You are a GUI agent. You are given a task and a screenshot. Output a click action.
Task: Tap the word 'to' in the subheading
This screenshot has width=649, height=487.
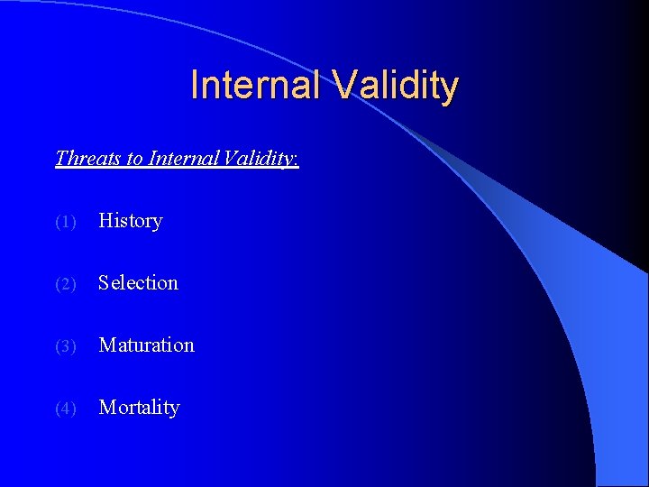pyautogui.click(x=135, y=159)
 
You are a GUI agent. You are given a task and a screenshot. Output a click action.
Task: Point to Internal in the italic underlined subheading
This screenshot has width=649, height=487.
pyautogui.click(x=183, y=159)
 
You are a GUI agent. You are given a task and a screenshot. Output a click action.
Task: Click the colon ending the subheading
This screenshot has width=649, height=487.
pyautogui.click(x=297, y=161)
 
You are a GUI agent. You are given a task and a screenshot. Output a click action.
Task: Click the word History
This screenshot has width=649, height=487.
pyautogui.click(x=131, y=221)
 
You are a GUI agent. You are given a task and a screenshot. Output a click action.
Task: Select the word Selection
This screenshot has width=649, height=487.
pyautogui.click(x=138, y=283)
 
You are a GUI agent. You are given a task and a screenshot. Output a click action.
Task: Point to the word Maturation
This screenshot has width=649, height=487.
pyautogui.click(x=146, y=345)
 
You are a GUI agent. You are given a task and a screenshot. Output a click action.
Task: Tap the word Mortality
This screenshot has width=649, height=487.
pyautogui.click(x=139, y=408)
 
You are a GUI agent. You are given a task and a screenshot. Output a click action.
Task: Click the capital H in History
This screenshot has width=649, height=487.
pyautogui.click(x=105, y=221)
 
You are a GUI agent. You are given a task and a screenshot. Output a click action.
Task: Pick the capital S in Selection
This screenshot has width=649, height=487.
pyautogui.click(x=104, y=283)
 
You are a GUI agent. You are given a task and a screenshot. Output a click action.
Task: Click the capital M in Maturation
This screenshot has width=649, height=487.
pyautogui.click(x=106, y=345)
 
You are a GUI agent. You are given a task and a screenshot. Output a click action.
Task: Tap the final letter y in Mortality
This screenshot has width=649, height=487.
pyautogui.click(x=174, y=410)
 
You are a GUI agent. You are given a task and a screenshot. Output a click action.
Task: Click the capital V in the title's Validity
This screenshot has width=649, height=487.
pyautogui.click(x=345, y=86)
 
